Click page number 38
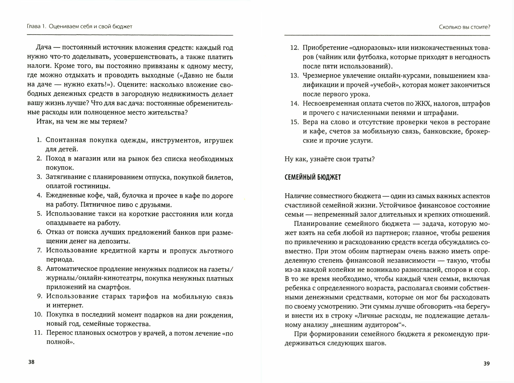31,362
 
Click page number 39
487,363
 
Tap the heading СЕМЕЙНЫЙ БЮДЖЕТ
313,178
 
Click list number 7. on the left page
39,250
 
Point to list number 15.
295,122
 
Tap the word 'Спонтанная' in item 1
66,140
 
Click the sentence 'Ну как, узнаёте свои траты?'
329,159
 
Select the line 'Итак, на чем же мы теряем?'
82,122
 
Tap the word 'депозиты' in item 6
116,241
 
